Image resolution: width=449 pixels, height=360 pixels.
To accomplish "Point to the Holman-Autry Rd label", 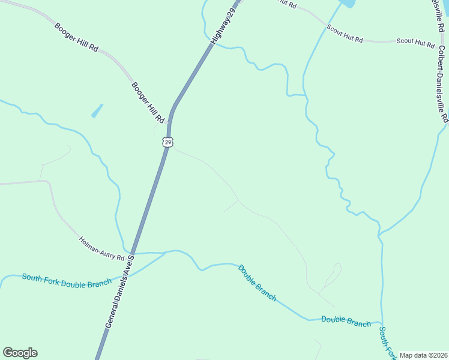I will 101,249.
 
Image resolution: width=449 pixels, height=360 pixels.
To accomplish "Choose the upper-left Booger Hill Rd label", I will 76,37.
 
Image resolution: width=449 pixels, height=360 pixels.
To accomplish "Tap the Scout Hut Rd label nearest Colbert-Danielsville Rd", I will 415,43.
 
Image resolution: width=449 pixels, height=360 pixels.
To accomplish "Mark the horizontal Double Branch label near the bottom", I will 346,321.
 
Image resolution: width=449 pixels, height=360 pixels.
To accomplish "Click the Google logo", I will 20,353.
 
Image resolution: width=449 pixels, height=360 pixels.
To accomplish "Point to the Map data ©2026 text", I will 423,355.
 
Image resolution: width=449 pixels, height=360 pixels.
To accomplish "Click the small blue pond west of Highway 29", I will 96,112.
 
